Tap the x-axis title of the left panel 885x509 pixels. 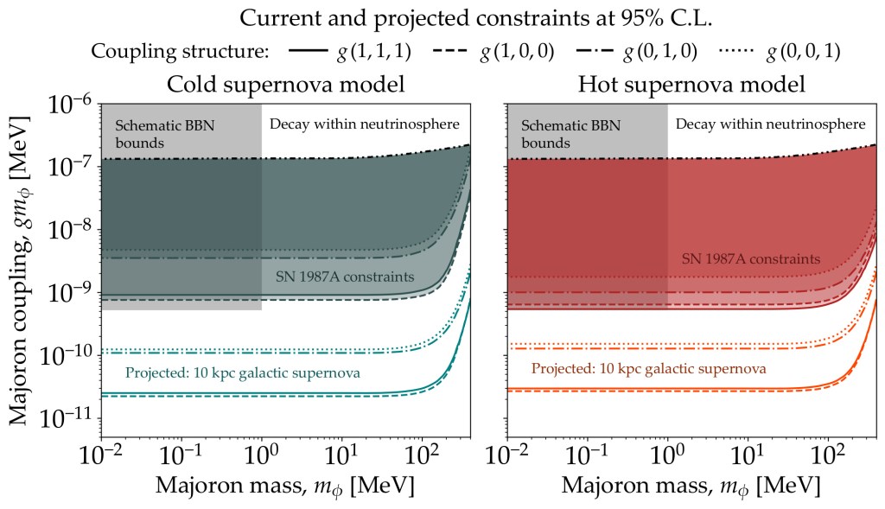[x=285, y=485]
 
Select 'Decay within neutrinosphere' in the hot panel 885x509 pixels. [x=770, y=124]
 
